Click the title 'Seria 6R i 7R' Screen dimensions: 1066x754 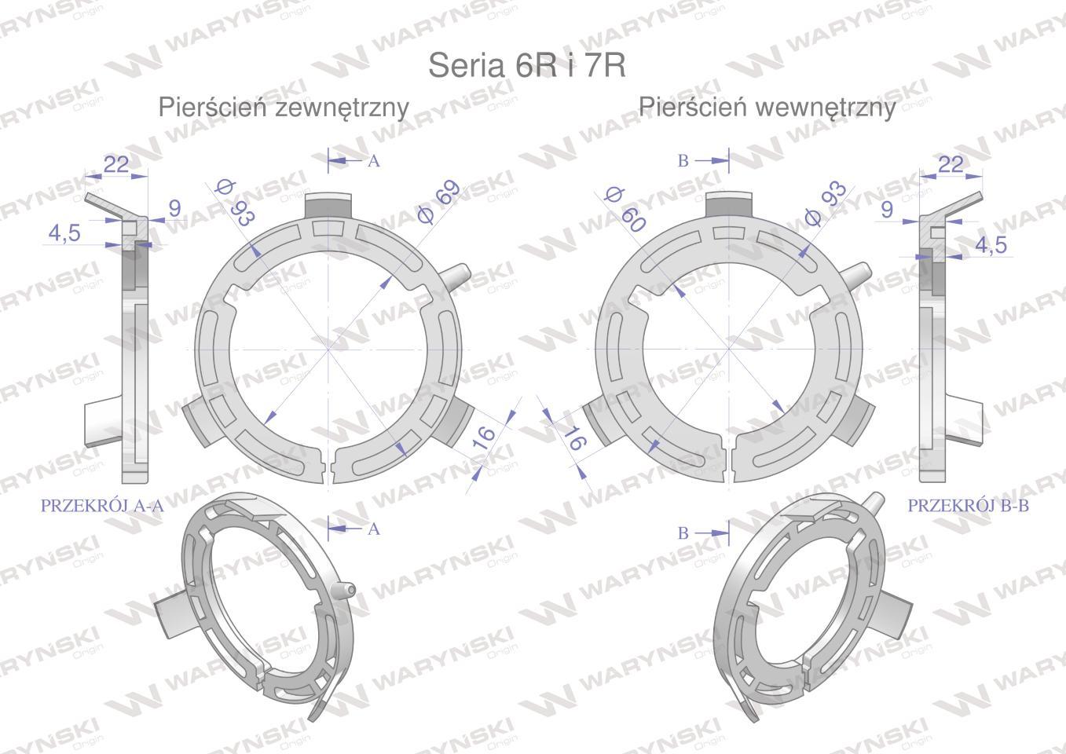pyautogui.click(x=527, y=64)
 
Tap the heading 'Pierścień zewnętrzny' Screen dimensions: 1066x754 pyautogui.click(x=284, y=108)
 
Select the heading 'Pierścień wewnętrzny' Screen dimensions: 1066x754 pyautogui.click(x=767, y=108)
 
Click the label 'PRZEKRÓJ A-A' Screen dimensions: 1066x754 pyautogui.click(x=102, y=505)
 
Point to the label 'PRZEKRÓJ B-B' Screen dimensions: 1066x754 pyautogui.click(x=968, y=505)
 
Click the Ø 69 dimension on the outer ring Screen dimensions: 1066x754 pyautogui.click(x=438, y=201)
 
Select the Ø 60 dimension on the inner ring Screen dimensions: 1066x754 pyautogui.click(x=625, y=209)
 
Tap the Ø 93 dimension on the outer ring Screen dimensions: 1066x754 pyautogui.click(x=235, y=203)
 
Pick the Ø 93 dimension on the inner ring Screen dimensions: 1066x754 pyautogui.click(x=825, y=203)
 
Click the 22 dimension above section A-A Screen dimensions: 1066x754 pyautogui.click(x=116, y=165)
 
